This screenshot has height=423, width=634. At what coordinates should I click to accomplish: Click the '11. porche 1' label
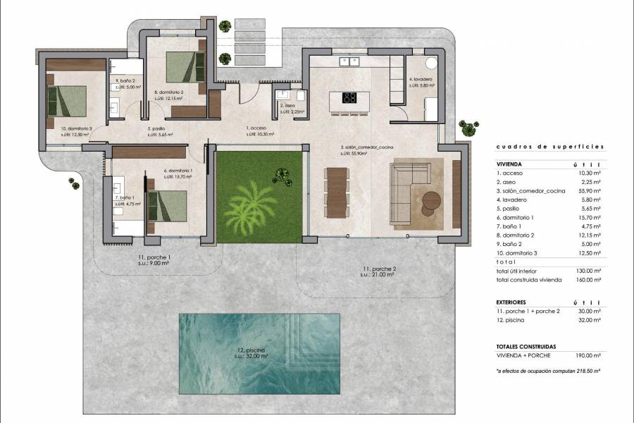[x=154, y=259]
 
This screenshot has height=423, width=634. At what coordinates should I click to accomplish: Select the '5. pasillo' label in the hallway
[x=158, y=128]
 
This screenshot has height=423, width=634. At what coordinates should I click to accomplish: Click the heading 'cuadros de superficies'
[x=549, y=147]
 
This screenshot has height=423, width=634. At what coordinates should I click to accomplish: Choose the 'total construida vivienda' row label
[x=528, y=280]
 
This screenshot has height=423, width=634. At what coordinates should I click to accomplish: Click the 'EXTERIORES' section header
[x=512, y=301]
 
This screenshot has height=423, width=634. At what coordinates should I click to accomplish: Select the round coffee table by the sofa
[x=430, y=202]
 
